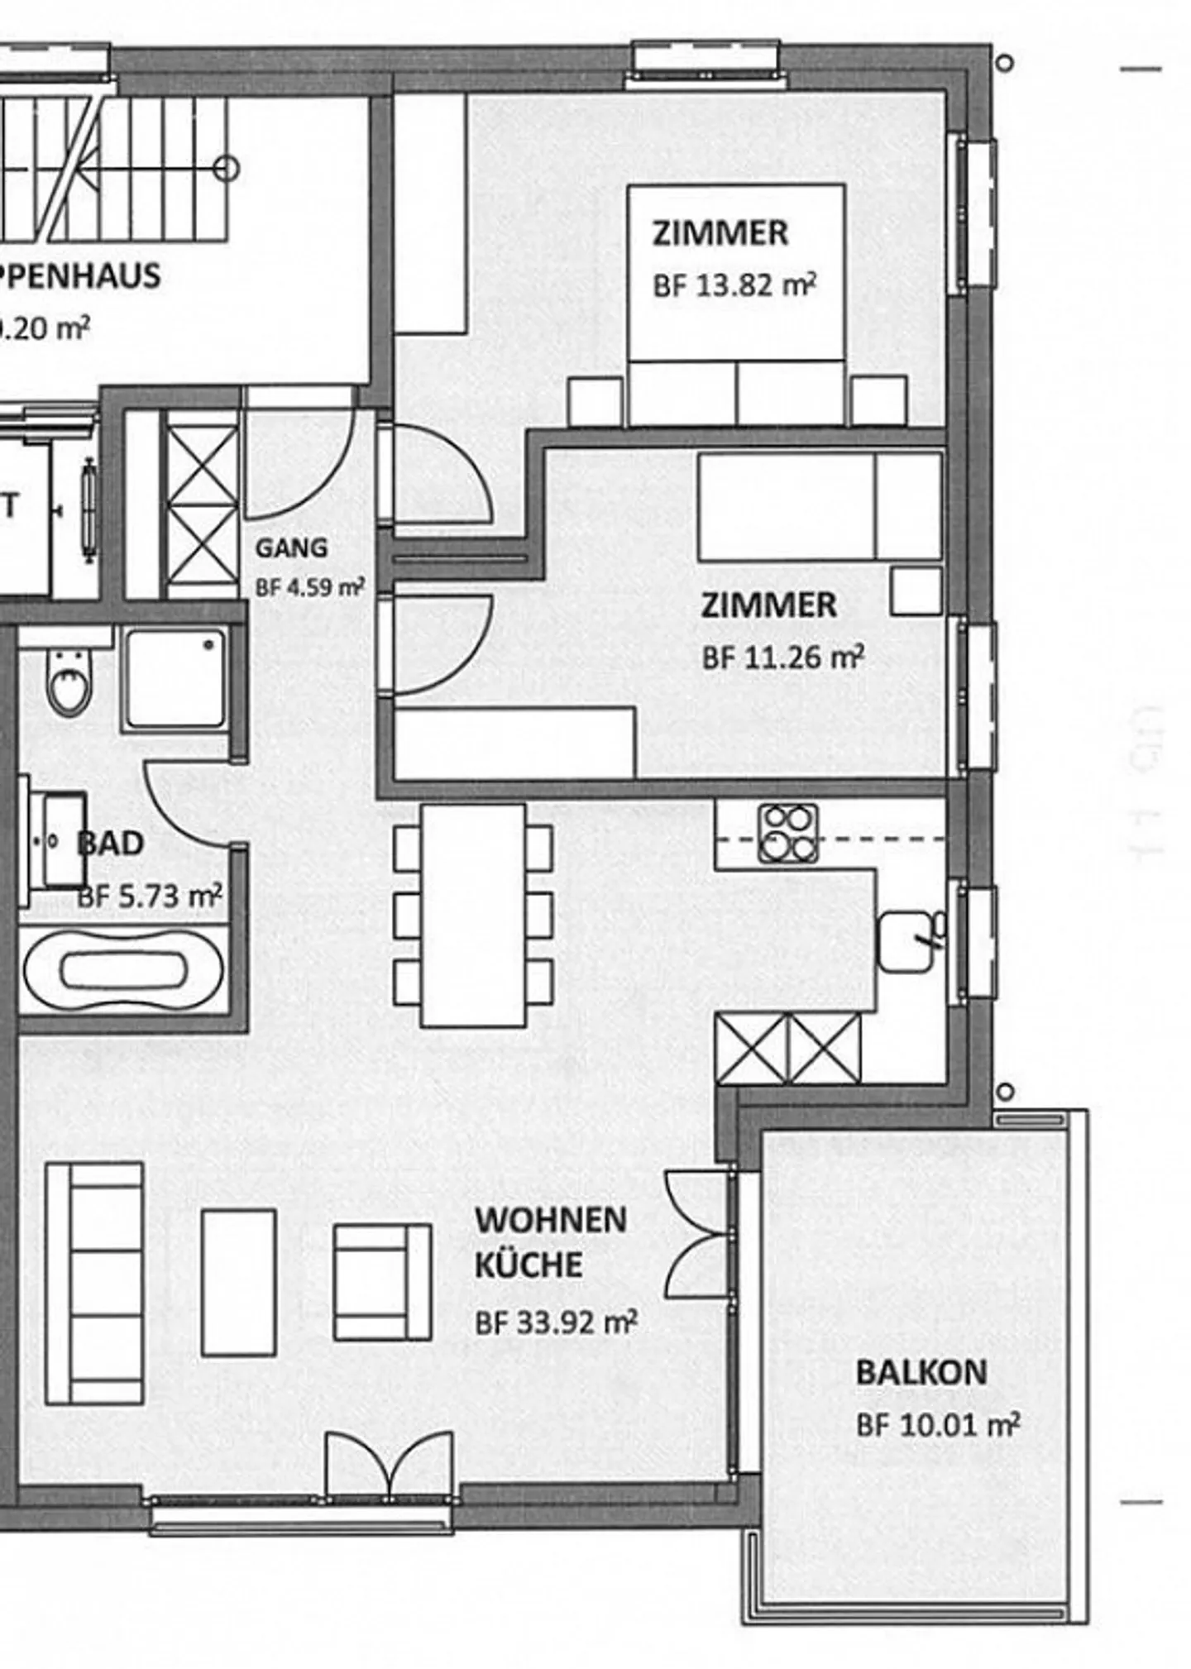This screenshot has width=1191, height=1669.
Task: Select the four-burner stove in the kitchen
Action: [x=788, y=833]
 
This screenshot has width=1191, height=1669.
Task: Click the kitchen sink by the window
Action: [x=907, y=941]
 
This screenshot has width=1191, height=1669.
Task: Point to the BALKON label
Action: [x=921, y=1373]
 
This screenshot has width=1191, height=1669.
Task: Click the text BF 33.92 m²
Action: [x=556, y=1322]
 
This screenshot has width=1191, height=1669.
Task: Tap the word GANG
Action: [x=291, y=548]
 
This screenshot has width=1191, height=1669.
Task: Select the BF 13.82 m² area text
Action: [x=734, y=286]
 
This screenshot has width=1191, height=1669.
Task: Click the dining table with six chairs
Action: [x=473, y=916]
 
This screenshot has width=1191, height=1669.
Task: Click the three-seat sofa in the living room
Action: [x=95, y=1283]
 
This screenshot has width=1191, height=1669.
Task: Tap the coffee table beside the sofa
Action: [x=238, y=1283]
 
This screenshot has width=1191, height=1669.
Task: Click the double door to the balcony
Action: [x=699, y=1235]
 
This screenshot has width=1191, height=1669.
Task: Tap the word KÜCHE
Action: [x=529, y=1265]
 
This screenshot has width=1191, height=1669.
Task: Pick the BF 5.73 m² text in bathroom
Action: [x=150, y=897]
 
